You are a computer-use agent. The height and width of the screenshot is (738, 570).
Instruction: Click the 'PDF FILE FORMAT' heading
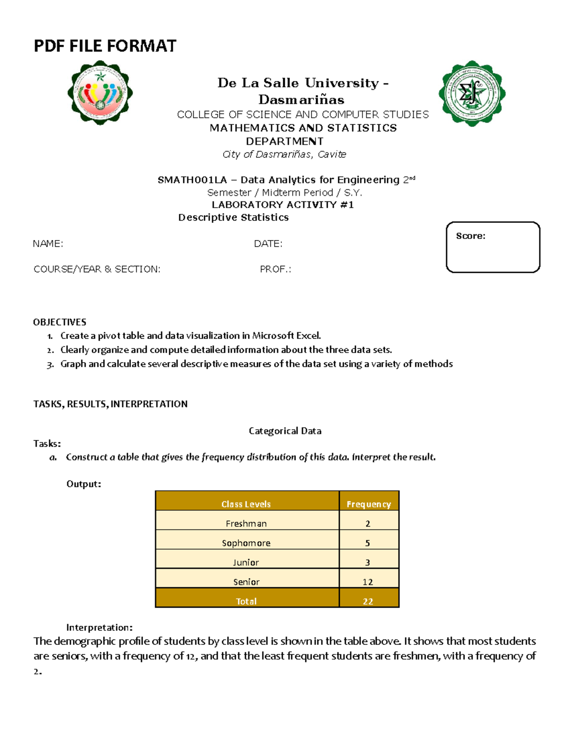(x=105, y=46)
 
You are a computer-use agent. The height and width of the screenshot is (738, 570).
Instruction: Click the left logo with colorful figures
(x=100, y=93)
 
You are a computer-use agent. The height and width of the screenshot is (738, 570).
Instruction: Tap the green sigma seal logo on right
(x=472, y=93)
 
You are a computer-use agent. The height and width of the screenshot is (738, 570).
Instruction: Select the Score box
(x=493, y=247)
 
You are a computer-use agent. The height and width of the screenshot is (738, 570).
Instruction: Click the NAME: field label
(x=48, y=244)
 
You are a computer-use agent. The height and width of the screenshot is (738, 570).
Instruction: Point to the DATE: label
(x=268, y=244)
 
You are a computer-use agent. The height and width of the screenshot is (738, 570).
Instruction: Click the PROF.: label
(x=275, y=269)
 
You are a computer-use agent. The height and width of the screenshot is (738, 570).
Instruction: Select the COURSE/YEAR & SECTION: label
(x=97, y=269)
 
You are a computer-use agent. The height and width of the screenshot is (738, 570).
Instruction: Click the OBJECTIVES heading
(x=59, y=322)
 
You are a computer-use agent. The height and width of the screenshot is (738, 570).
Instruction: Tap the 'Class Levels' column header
(x=246, y=504)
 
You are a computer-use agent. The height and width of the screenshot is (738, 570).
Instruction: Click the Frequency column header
(x=369, y=504)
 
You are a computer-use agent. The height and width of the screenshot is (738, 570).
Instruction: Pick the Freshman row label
(x=246, y=524)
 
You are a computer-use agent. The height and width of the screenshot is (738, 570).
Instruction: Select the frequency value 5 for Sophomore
(x=368, y=543)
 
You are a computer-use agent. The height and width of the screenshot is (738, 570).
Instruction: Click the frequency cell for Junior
(x=368, y=563)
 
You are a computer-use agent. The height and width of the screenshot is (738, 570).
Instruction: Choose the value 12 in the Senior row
(x=368, y=582)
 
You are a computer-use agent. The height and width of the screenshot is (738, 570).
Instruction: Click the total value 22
(x=368, y=602)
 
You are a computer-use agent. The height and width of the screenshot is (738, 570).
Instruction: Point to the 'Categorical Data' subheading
(x=285, y=431)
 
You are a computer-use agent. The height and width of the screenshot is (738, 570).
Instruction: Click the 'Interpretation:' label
(x=99, y=627)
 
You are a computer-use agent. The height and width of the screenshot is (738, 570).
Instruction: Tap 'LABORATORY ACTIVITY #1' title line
(x=283, y=205)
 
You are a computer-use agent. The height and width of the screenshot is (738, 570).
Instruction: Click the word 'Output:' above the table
(x=84, y=484)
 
